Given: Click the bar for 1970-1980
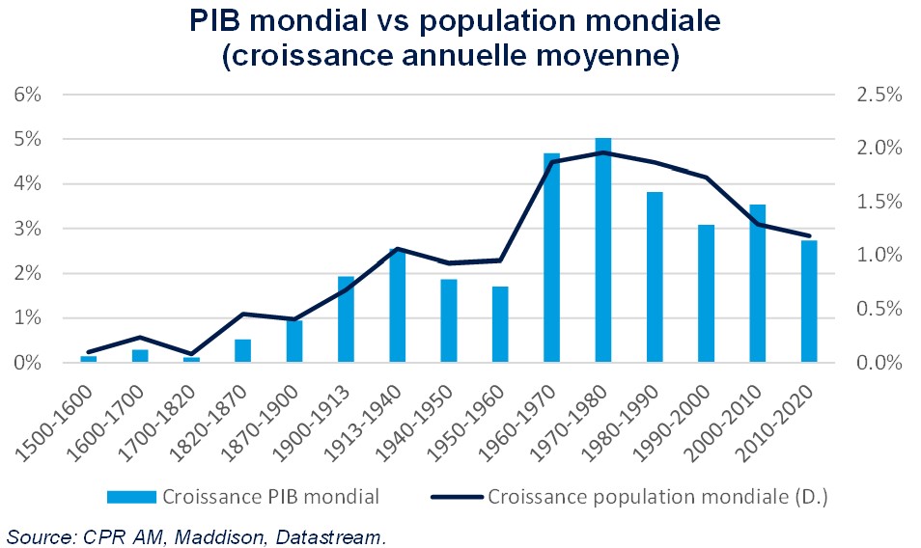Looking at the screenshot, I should coord(603,251).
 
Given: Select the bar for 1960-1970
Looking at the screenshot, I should coord(551,259).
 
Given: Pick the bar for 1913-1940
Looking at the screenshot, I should coord(397,306).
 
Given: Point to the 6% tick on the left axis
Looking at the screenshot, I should coord(26,95).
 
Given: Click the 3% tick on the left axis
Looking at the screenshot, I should coord(26,229).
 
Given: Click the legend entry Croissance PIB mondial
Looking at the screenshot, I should coord(270,497).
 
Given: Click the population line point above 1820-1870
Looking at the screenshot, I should coord(242,314).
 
